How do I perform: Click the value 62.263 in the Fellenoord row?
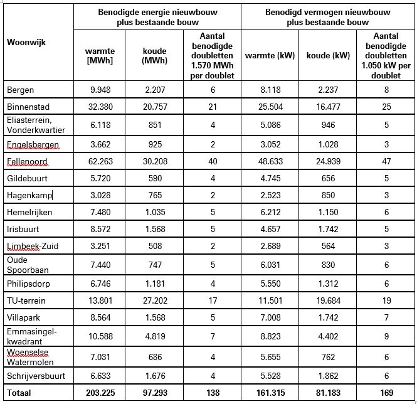coord(100,161)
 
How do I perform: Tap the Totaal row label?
coord(21,393)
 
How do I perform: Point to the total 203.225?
coord(100,393)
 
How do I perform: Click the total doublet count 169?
coord(386,393)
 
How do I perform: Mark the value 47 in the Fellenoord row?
coord(386,161)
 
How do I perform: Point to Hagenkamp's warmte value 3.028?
coord(100,195)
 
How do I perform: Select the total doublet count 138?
coord(212,393)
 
